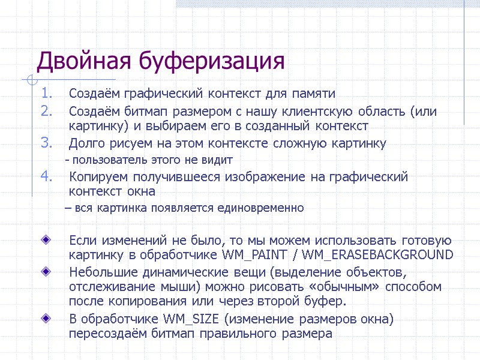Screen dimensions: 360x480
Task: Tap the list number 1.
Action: tap(47, 94)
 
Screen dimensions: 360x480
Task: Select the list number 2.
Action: tap(47, 111)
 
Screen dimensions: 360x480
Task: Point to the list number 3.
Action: tap(47, 143)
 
